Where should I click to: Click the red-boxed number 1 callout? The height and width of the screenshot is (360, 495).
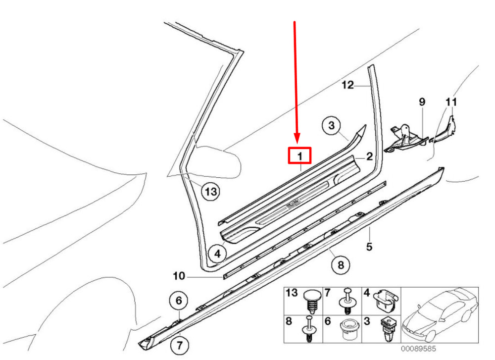[299, 156]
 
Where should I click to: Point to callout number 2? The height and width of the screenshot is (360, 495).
[369, 157]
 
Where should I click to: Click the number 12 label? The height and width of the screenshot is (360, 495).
[348, 86]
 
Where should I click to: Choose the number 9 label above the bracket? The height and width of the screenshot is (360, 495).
[422, 102]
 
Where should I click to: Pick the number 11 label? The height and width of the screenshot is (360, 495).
[451, 102]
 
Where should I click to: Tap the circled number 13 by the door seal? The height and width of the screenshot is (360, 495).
[211, 192]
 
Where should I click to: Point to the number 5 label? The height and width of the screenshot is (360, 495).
[369, 246]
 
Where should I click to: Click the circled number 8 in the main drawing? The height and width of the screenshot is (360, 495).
[340, 265]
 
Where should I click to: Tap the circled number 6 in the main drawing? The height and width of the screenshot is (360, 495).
[179, 300]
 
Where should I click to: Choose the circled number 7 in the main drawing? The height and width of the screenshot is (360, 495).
[179, 343]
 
